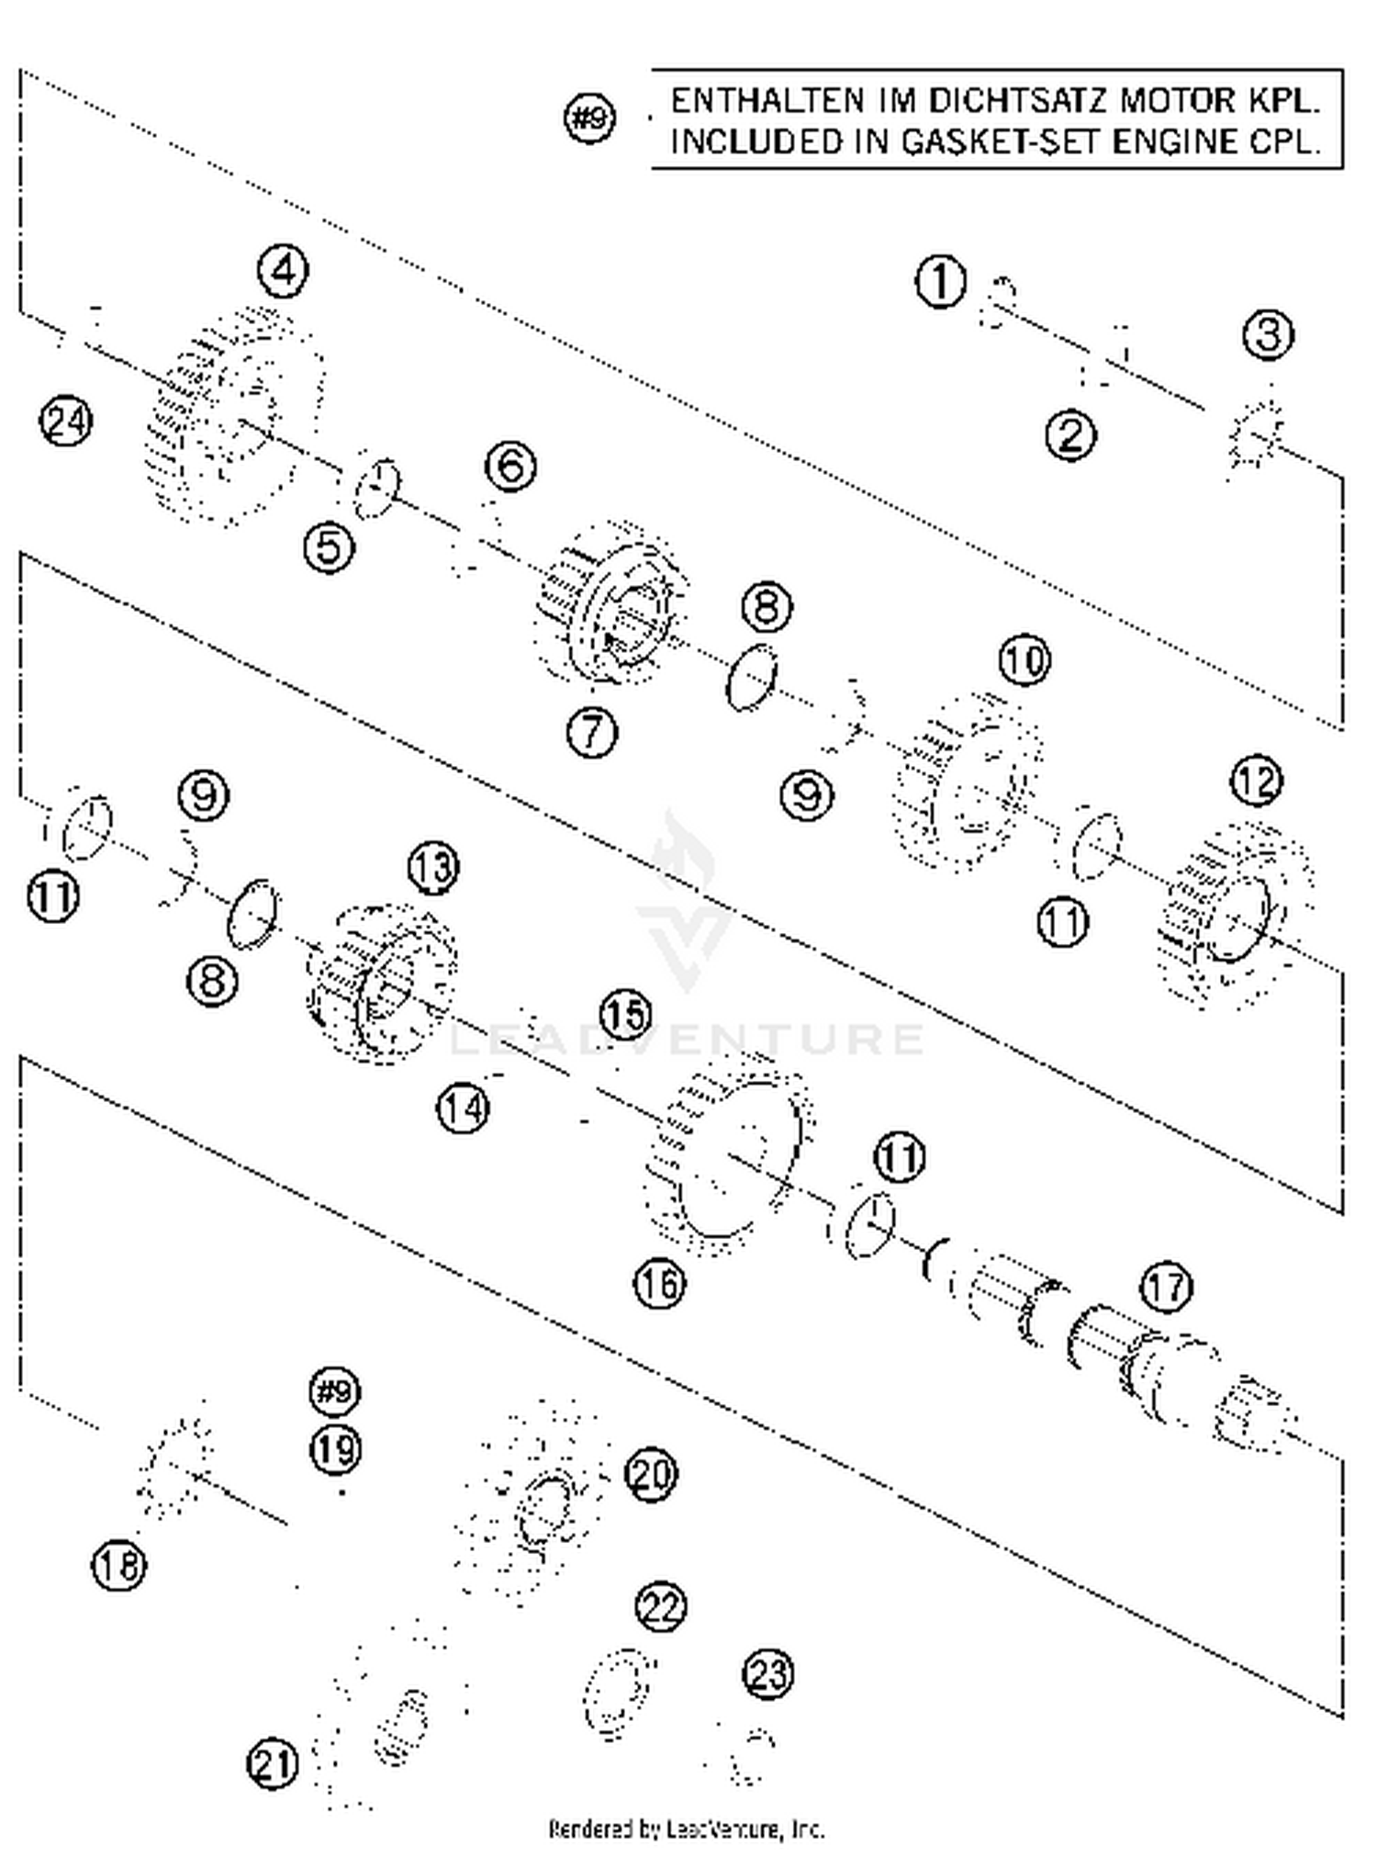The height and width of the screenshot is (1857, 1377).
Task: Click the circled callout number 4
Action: point(283,271)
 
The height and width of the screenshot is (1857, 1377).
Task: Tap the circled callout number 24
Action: point(66,422)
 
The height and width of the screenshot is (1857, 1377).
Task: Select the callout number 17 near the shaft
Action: point(1166,1287)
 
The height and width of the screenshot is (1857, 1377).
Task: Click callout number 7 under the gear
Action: point(592,732)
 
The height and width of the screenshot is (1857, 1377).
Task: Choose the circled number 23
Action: point(767,1673)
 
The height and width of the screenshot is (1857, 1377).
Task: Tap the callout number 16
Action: point(659,1283)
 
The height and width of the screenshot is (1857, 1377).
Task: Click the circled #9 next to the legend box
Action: point(589,119)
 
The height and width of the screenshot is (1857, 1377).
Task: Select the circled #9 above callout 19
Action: point(334,1391)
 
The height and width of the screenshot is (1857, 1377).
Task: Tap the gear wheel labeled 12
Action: point(1235,914)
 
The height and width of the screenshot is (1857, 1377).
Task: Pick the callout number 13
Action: point(433,867)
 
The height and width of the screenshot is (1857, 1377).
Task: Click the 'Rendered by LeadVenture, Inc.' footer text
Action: point(687,1829)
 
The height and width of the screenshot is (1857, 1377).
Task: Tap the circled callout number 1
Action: point(941,282)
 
